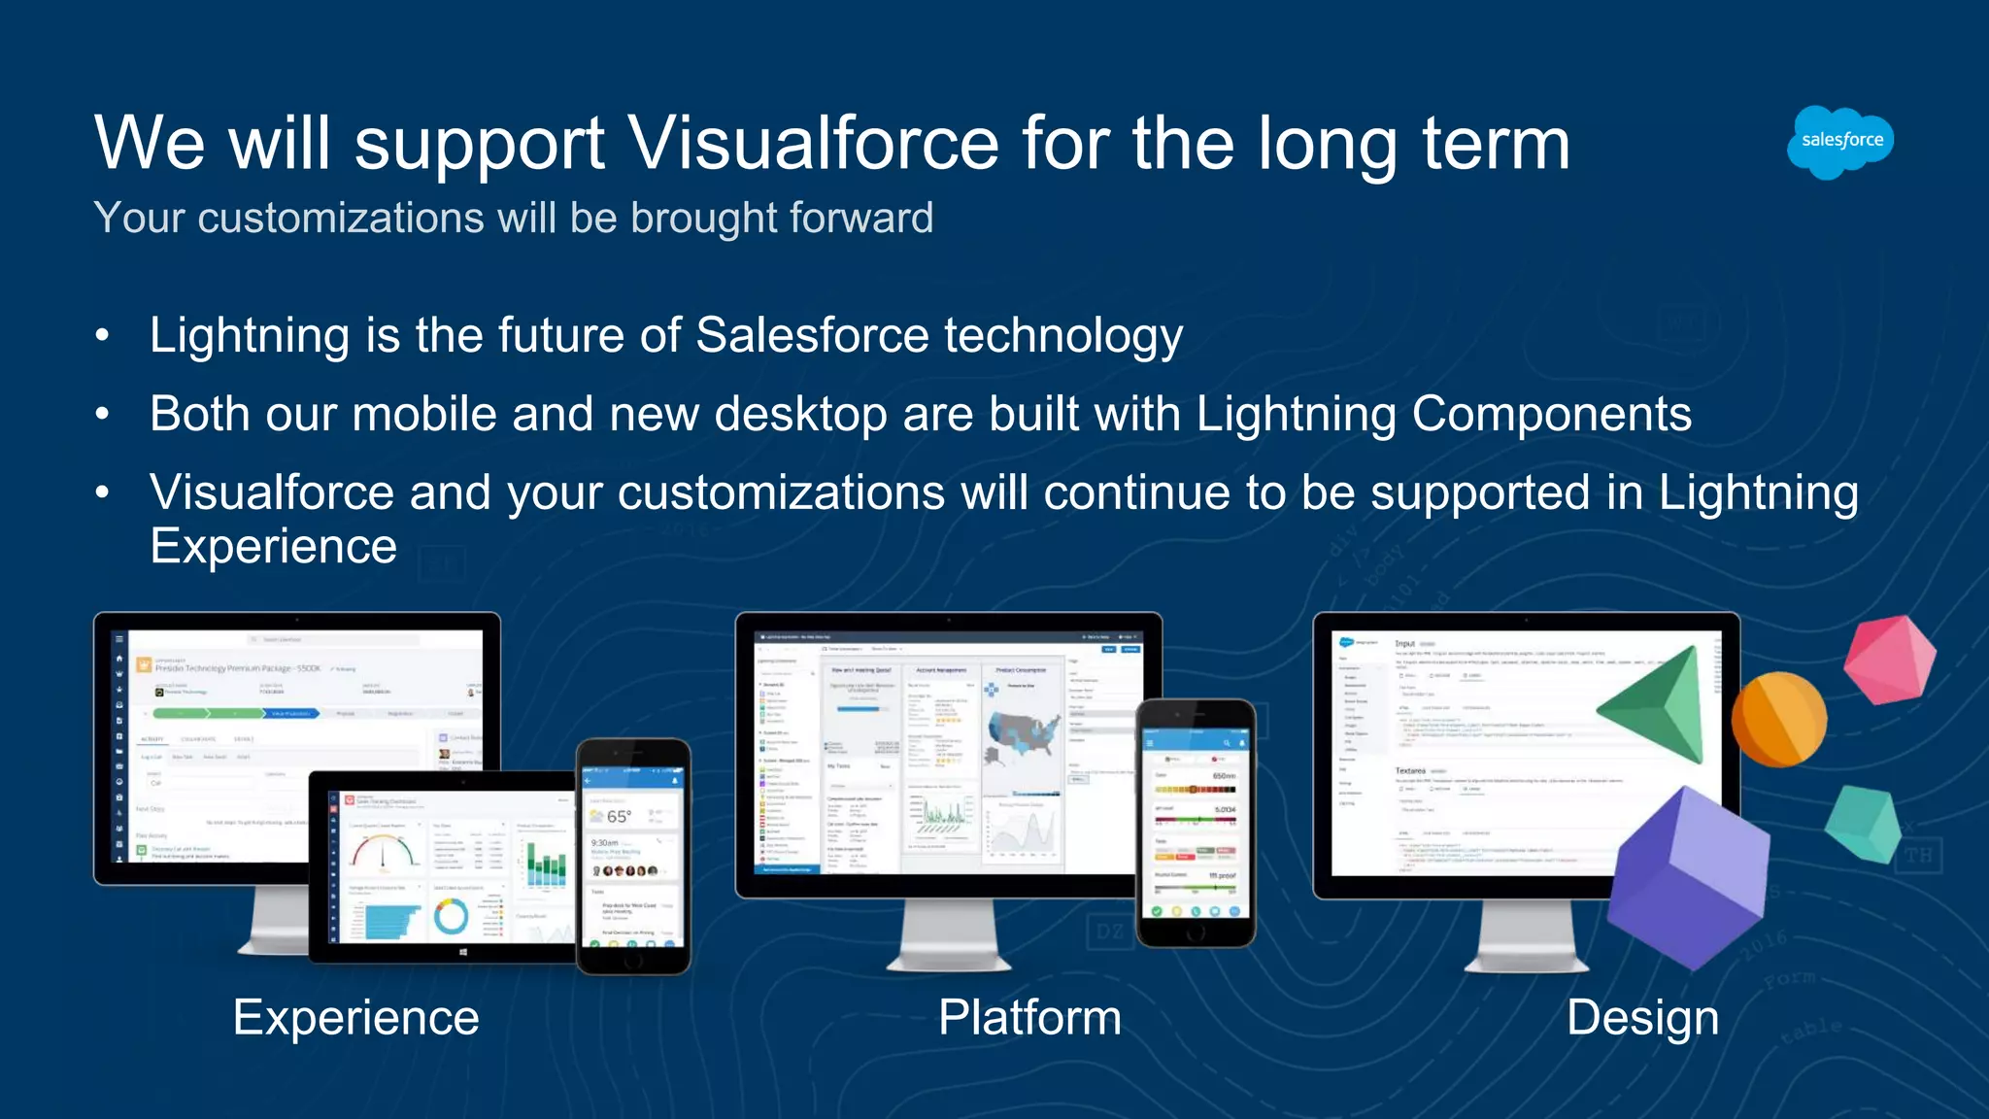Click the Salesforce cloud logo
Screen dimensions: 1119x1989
[x=1840, y=142]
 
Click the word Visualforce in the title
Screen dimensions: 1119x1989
[x=813, y=144]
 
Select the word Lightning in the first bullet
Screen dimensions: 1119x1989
[x=249, y=336]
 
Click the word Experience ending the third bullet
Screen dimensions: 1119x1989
[x=273, y=546]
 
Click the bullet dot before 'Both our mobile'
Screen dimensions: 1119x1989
[x=103, y=415]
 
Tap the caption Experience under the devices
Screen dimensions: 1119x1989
[x=355, y=1018]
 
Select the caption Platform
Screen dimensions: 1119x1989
[x=1029, y=1018]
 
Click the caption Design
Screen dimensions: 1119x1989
[x=1642, y=1018]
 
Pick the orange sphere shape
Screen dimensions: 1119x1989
[x=1778, y=720]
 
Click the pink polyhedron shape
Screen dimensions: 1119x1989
[x=1888, y=660]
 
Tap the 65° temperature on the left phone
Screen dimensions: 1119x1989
[x=618, y=816]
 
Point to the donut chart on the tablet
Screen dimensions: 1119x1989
[x=451, y=915]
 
